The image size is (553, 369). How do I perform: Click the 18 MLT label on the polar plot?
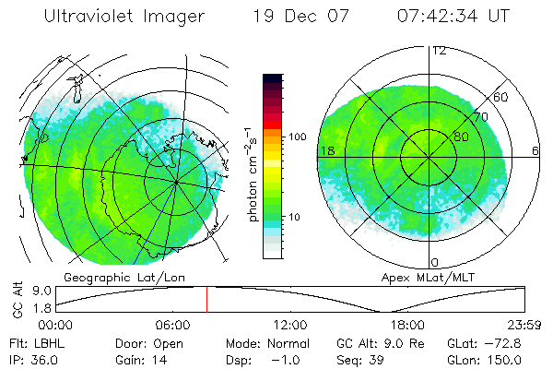click(x=325, y=150)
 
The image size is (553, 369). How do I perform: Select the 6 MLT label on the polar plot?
click(x=535, y=150)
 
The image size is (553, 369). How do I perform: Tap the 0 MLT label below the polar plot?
click(x=435, y=262)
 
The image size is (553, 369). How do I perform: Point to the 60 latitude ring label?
click(x=501, y=97)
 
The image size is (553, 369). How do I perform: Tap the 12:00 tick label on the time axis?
click(x=290, y=325)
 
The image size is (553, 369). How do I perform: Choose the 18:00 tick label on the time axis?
click(x=407, y=325)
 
